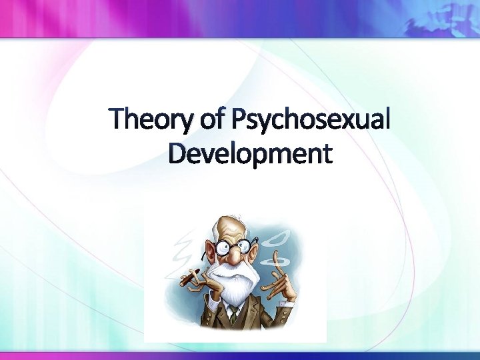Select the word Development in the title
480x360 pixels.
click(x=250, y=153)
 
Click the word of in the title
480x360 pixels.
click(x=209, y=121)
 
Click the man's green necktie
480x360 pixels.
click(x=233, y=314)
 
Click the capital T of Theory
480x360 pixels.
click(x=121, y=119)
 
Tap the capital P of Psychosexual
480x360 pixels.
click(x=237, y=119)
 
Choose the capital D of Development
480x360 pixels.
click(x=178, y=153)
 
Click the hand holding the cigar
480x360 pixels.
click(x=203, y=280)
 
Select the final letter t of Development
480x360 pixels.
click(x=325, y=154)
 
